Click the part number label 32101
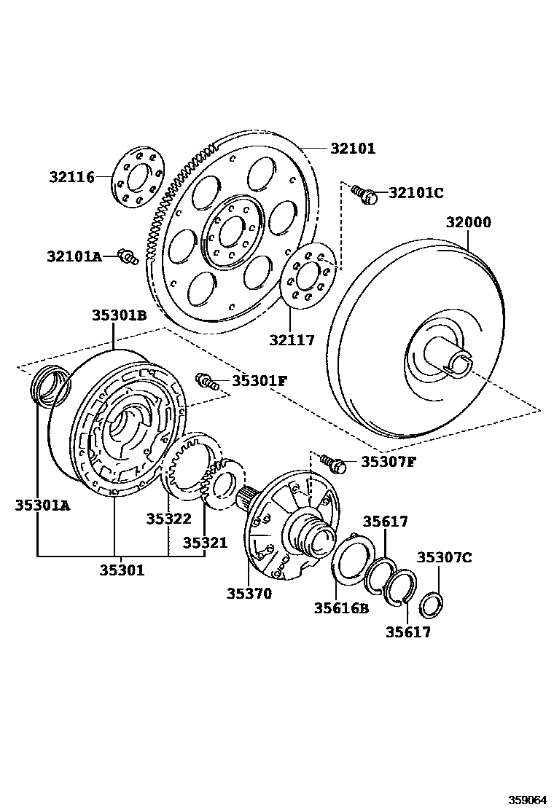[352, 149]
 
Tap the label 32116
[72, 177]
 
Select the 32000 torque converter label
[468, 223]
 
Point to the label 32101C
[415, 193]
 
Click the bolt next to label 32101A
[129, 256]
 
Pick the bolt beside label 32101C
[364, 193]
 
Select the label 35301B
[119, 315]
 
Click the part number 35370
[249, 593]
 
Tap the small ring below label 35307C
[432, 604]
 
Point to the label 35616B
[341, 607]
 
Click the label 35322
[168, 519]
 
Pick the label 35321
[205, 543]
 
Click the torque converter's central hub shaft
[452, 355]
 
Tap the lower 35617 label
[408, 632]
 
